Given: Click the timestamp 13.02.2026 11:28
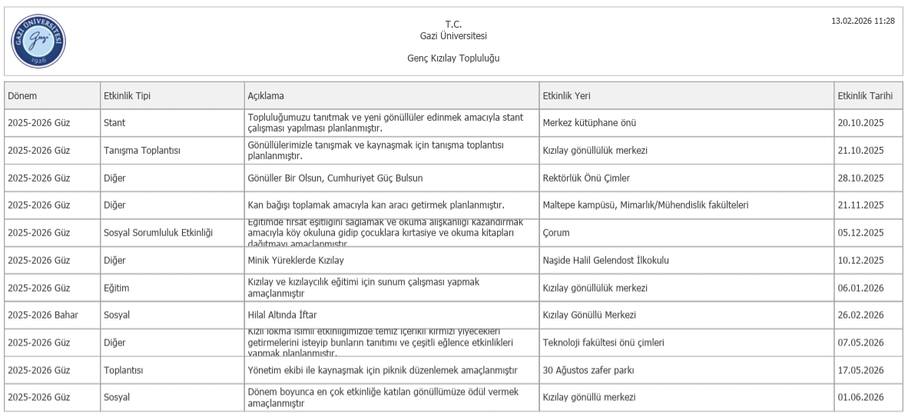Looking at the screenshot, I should coord(863,21).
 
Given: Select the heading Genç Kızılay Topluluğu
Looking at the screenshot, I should coord(453,58).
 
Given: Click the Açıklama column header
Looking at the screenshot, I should coord(266,95).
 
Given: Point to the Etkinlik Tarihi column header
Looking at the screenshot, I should coord(865,95).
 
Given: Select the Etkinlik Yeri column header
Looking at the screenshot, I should coord(566,95).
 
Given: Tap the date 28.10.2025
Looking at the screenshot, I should coord(860,178).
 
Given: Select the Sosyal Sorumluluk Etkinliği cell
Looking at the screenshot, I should coord(157,232).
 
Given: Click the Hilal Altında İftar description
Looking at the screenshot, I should coord(282,315).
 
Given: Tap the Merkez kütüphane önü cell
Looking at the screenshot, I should coord(589,122).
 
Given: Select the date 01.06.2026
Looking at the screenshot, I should coord(860,397).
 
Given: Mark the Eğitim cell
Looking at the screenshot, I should coord(116,288).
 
